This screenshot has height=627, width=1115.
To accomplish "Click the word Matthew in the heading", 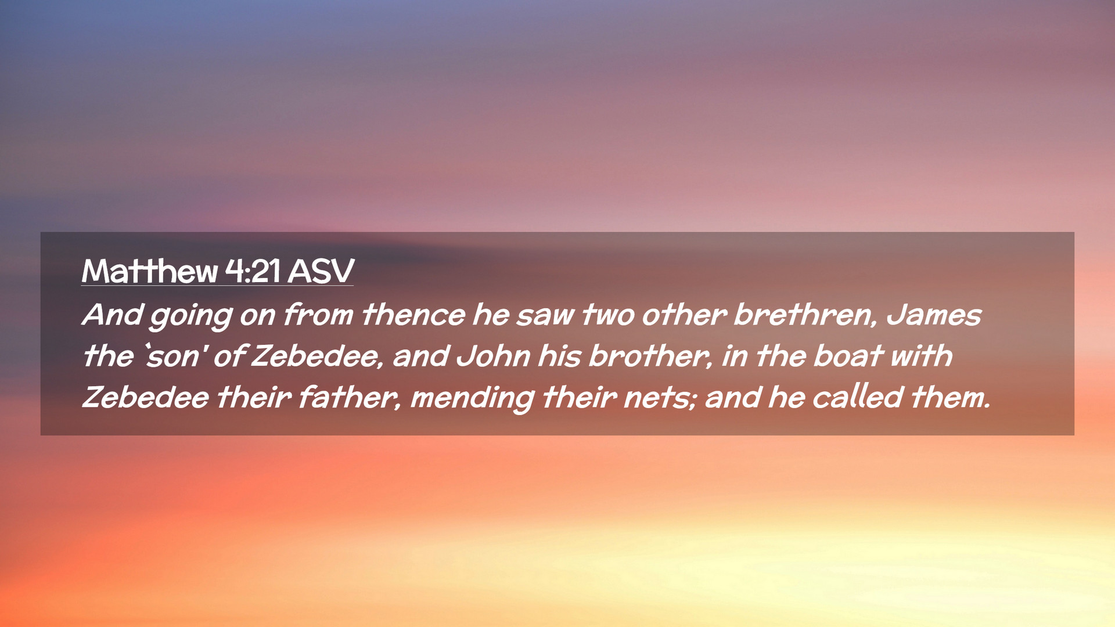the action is pos(150,271).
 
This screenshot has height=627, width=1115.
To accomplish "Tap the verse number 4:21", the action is pos(253,271).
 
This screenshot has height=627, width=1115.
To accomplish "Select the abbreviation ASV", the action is pos(321,271).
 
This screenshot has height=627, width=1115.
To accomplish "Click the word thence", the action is pos(413,315).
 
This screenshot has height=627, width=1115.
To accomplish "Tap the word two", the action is pos(608,315).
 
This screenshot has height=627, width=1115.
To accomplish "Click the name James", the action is pos(934,315).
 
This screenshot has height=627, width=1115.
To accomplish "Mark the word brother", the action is pos(650,356).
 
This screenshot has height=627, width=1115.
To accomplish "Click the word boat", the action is pos(848,356).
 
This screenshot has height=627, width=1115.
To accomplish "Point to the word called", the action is pos(858,397).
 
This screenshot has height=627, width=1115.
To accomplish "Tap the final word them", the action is pos(950,397).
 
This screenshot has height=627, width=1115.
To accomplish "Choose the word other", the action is pos(684,315).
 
